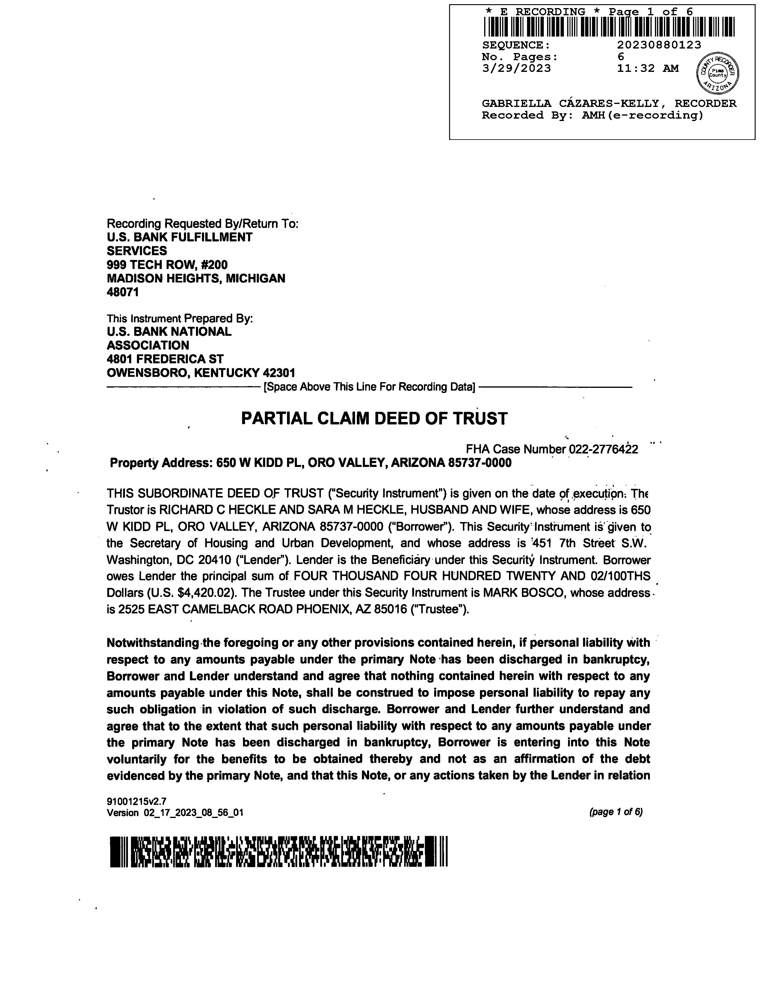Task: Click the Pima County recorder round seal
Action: (x=718, y=72)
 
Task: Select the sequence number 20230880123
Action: (x=659, y=45)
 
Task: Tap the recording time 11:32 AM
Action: (x=647, y=69)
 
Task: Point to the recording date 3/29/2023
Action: (x=516, y=69)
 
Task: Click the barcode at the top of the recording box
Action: (x=609, y=27)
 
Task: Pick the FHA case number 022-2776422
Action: (x=603, y=450)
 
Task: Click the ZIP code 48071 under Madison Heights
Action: (x=123, y=292)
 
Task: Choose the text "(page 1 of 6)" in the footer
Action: (x=616, y=812)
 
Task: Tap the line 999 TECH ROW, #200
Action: (x=167, y=265)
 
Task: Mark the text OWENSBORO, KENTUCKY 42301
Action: (x=201, y=373)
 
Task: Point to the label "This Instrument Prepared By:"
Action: (x=179, y=318)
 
